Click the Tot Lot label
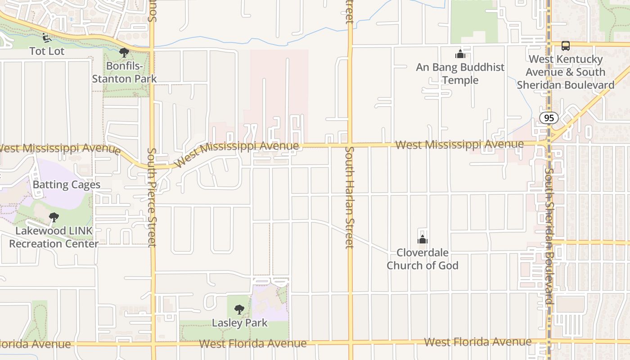[47, 51]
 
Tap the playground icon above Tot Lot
[46, 37]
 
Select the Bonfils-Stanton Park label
[124, 72]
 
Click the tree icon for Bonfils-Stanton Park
[124, 53]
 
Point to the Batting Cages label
[67, 185]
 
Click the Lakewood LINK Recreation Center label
[54, 238]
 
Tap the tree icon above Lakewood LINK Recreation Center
[54, 218]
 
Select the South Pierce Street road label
[152, 197]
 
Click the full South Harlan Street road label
[350, 197]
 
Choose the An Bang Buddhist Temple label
[460, 74]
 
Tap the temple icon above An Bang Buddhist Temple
[460, 54]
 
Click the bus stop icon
[565, 46]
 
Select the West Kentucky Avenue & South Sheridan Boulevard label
[565, 72]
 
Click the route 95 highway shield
[549, 118]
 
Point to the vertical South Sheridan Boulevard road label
[549, 236]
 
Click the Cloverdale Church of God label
[423, 259]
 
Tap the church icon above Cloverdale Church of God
[423, 239]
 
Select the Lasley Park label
[239, 323]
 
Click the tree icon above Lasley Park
[239, 310]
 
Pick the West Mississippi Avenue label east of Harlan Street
[459, 144]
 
